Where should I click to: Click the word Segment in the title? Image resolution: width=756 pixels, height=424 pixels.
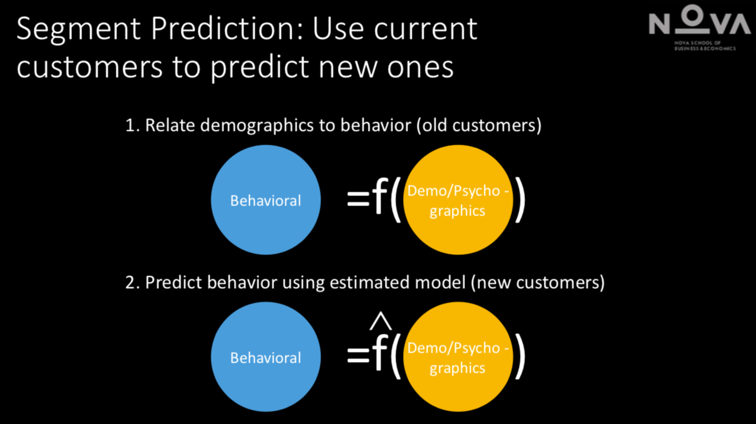click(x=78, y=29)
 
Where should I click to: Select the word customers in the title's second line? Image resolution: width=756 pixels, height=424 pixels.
click(x=89, y=67)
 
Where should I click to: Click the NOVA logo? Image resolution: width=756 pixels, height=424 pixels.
click(x=700, y=27)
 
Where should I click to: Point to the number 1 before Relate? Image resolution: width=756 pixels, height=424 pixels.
click(x=130, y=125)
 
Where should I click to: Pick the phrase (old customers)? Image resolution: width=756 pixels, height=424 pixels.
click(x=479, y=126)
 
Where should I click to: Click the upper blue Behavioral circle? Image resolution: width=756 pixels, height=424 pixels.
click(x=265, y=200)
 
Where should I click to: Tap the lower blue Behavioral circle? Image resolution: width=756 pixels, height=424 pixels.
click(x=265, y=357)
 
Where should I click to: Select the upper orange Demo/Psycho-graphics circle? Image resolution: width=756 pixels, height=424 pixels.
click(x=458, y=200)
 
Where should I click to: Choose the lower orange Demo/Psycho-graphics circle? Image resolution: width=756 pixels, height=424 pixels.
click(x=458, y=357)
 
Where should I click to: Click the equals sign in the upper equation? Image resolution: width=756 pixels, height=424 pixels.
click(x=358, y=199)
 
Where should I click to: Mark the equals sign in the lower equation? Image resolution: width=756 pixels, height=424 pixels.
click(x=358, y=355)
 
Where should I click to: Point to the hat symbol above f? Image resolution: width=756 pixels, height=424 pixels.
click(x=381, y=321)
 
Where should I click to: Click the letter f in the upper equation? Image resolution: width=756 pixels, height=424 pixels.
click(x=379, y=196)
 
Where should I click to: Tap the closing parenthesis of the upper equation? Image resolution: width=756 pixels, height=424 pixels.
click(x=520, y=200)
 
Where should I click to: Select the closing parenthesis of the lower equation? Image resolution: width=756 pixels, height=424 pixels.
click(x=520, y=357)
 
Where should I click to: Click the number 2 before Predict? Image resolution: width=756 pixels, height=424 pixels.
click(x=130, y=282)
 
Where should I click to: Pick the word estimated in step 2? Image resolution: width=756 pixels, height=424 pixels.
click(x=370, y=282)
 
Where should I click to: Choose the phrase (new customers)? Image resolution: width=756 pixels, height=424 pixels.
click(x=538, y=283)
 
